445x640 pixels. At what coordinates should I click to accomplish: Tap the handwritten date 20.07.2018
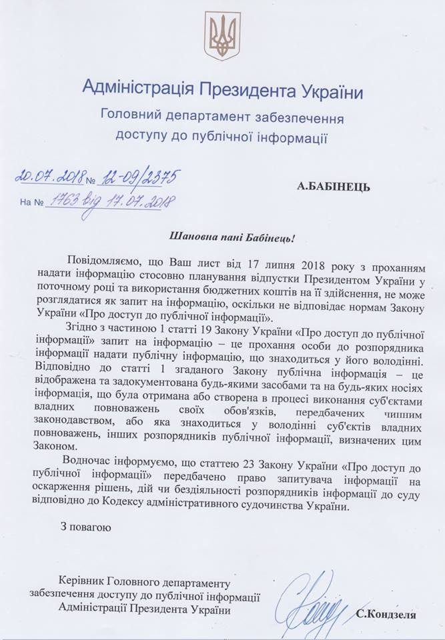coord(50,177)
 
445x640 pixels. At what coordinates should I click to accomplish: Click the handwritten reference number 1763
coord(61,200)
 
